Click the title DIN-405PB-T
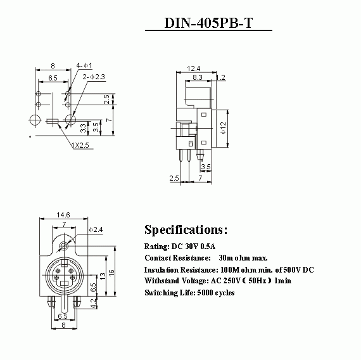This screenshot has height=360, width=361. pyautogui.click(x=208, y=23)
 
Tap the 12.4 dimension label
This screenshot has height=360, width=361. pyautogui.click(x=193, y=68)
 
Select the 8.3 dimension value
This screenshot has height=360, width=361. pyautogui.click(x=198, y=77)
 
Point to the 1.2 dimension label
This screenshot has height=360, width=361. pyautogui.click(x=220, y=77)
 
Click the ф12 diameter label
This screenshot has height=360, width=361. pyautogui.click(x=223, y=127)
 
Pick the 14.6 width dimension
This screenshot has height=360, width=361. pyautogui.click(x=63, y=215)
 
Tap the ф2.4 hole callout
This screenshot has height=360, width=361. pyautogui.click(x=96, y=229)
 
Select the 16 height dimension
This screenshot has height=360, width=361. pyautogui.click(x=111, y=273)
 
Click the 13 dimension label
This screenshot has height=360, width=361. pyautogui.click(x=103, y=276)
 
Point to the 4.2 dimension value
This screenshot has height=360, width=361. pyautogui.click(x=93, y=303)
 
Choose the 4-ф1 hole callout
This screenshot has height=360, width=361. pyautogui.click(x=84, y=65)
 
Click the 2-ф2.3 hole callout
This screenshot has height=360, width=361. pyautogui.click(x=94, y=77)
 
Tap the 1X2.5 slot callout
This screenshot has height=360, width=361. pyautogui.click(x=80, y=145)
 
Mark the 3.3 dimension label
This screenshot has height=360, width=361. pyautogui.click(x=83, y=128)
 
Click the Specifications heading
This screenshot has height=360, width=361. pyautogui.click(x=186, y=230)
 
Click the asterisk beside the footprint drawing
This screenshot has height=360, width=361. pyautogui.click(x=30, y=137)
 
